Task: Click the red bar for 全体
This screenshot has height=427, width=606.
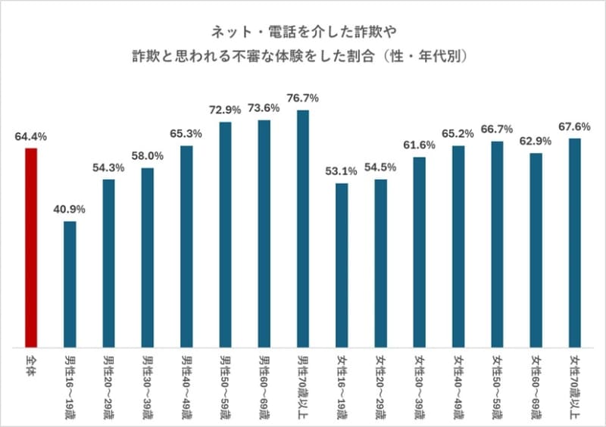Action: tap(30, 248)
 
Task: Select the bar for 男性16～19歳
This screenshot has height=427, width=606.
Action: tap(70, 284)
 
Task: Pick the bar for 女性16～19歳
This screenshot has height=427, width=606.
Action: tap(342, 265)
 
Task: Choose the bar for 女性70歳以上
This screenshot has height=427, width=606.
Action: tap(575, 242)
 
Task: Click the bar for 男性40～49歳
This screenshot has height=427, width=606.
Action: tap(186, 246)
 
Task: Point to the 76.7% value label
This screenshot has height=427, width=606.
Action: tap(303, 98)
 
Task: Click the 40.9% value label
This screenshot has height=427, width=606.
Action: tap(70, 209)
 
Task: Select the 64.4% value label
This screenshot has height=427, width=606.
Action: tap(30, 137)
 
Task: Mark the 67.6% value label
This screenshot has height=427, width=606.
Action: tap(575, 126)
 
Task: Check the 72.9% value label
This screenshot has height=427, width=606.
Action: tap(225, 110)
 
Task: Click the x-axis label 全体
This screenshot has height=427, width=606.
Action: tap(30, 362)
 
